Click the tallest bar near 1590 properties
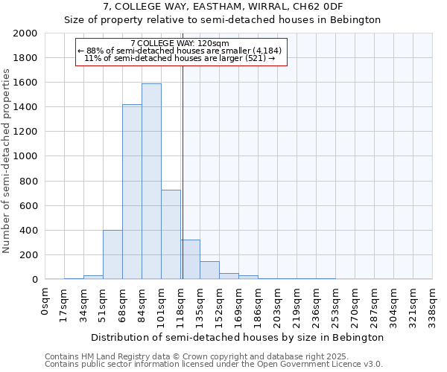[x=151, y=182]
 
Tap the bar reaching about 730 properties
[x=171, y=234]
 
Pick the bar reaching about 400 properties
[x=112, y=254]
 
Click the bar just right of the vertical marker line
[x=191, y=260]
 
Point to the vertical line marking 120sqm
[x=183, y=171]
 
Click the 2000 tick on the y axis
[x=26, y=33]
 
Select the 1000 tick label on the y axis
[x=26, y=156]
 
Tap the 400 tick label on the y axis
[x=31, y=230]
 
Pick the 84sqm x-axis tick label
[x=142, y=301]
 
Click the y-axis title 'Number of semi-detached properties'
[x=7, y=161]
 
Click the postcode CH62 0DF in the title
[x=321, y=7]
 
